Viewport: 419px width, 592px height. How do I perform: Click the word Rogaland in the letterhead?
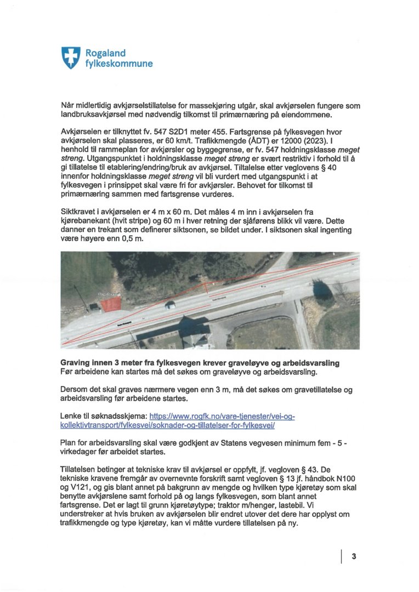(x=105, y=53)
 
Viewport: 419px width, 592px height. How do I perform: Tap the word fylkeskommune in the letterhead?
(x=118, y=64)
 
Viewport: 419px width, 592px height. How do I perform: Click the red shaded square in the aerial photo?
(x=111, y=303)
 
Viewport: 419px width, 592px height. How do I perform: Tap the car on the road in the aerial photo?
(x=170, y=304)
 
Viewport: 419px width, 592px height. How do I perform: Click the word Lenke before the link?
(x=73, y=417)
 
